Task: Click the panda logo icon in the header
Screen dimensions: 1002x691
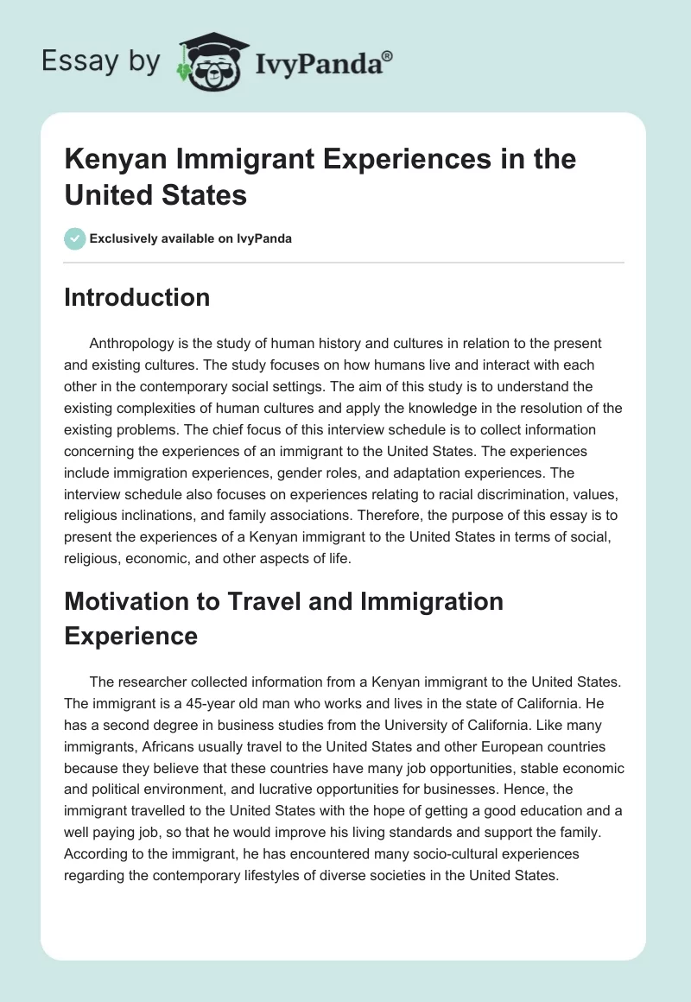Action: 212,63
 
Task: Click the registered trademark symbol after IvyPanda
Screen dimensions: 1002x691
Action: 388,56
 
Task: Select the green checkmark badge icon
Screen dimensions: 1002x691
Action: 75,238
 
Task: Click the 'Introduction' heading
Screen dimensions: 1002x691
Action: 137,297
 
